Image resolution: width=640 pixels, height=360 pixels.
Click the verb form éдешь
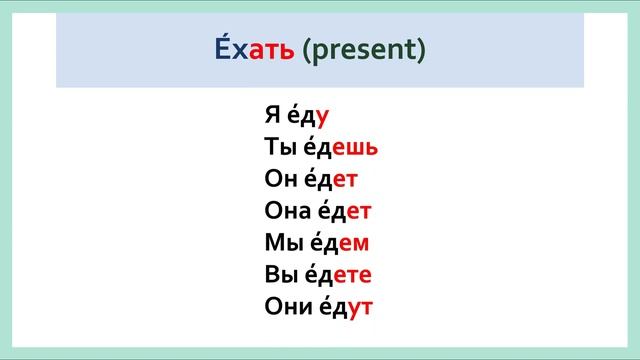(341, 148)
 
